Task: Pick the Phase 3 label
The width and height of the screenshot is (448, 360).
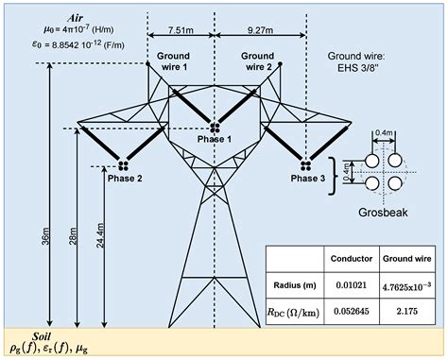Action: pos(307,178)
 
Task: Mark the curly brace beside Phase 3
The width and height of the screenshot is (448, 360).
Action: pos(331,176)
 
